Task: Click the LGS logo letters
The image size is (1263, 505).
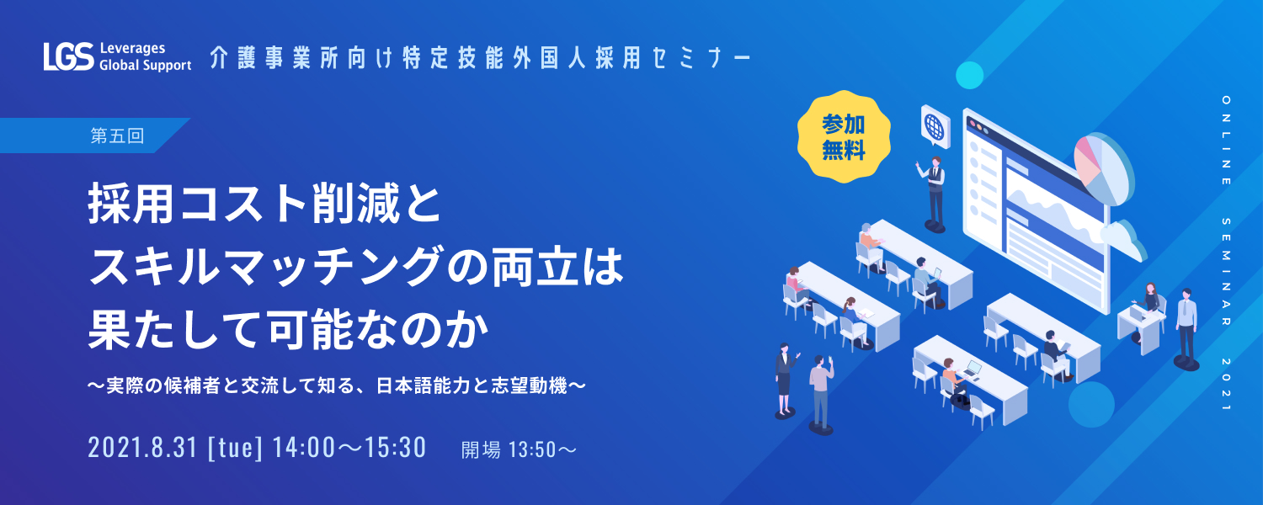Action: point(69,57)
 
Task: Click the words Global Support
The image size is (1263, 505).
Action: point(146,66)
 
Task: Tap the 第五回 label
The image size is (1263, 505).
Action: point(117,136)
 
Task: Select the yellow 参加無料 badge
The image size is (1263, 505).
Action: point(844,137)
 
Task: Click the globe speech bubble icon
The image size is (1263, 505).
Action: point(935,126)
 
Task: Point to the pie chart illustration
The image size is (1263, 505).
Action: point(1103,168)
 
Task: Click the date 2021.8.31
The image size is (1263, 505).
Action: point(142,448)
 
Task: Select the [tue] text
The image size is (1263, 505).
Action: point(235,449)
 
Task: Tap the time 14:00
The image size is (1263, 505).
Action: point(304,448)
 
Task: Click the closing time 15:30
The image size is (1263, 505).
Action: point(395,448)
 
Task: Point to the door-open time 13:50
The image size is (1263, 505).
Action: point(532,450)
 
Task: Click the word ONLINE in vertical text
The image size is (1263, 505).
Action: point(1226,141)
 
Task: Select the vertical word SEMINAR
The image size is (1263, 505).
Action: point(1226,272)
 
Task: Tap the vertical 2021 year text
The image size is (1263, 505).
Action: point(1226,385)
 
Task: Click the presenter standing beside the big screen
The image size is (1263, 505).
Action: point(934,194)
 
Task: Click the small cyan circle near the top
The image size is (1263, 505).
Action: point(970,75)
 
